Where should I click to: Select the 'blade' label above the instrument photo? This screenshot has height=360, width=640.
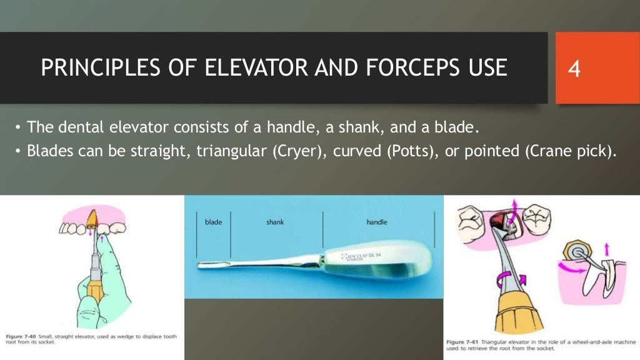(x=213, y=222)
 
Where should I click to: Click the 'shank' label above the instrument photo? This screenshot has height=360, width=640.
(x=275, y=222)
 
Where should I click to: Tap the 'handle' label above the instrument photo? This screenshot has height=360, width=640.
(x=377, y=222)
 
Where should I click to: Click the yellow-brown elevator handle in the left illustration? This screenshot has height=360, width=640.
(x=96, y=289)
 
